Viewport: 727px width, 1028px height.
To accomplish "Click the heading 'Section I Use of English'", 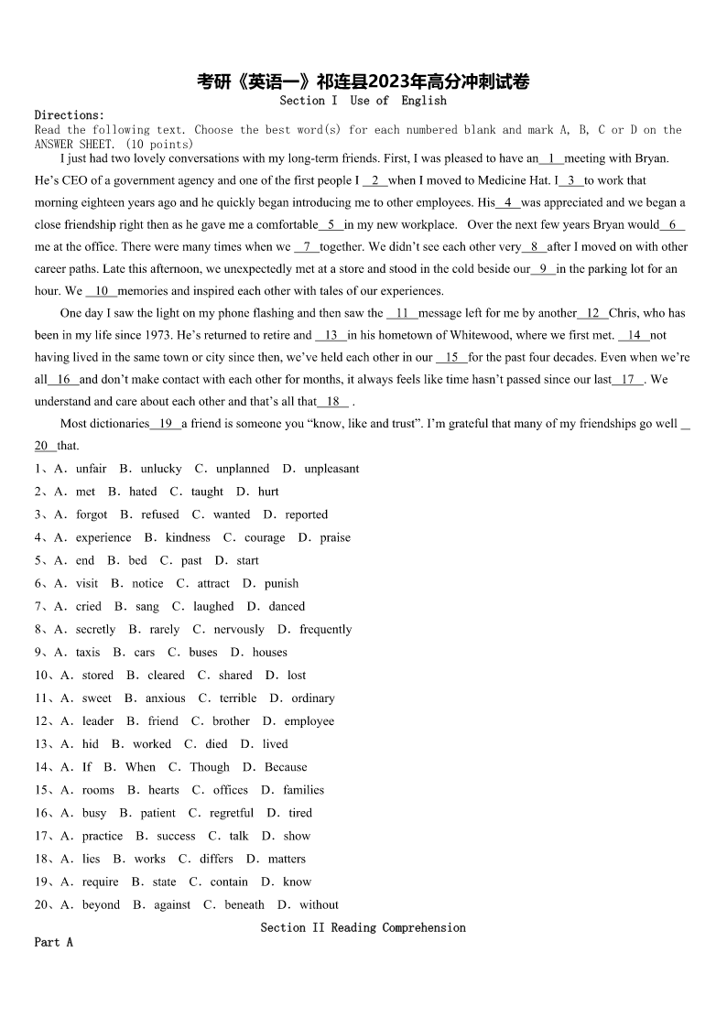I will tap(363, 101).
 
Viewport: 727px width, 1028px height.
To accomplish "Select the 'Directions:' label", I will tap(70, 115).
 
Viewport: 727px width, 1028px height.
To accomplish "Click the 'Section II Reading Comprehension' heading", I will tap(363, 927).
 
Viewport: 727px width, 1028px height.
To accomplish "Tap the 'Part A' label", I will tap(53, 942).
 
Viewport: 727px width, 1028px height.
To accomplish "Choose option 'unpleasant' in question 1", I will tap(331, 469).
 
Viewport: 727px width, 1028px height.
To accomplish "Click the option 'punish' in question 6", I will tap(281, 583).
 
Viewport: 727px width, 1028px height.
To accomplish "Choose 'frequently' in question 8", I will tap(325, 629).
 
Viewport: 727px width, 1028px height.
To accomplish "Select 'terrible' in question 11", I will tap(238, 698).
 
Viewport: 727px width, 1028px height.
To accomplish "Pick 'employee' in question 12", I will tap(309, 720).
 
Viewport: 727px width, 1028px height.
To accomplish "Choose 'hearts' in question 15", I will tap(164, 790).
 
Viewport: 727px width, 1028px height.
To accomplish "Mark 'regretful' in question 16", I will tap(232, 813).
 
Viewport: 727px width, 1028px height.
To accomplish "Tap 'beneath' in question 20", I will tap(244, 904).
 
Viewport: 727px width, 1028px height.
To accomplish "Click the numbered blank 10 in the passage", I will tap(102, 291).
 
